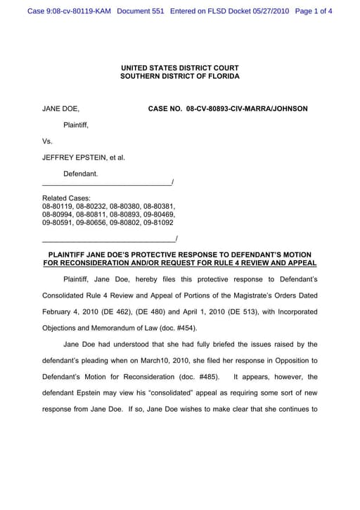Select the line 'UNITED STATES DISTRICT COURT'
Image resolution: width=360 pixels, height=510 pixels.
pos(179,68)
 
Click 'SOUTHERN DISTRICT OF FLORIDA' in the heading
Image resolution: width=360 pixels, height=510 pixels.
pos(179,76)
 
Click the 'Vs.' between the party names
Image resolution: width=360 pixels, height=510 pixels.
pos(47,141)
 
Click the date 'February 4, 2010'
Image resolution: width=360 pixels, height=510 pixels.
pos(74,312)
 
